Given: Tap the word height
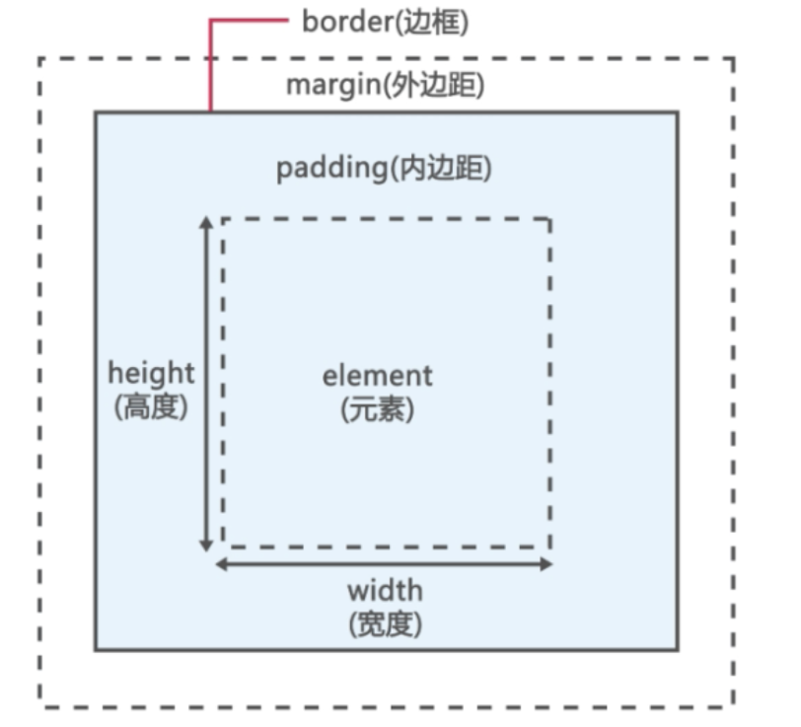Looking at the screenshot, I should pyautogui.click(x=151, y=374).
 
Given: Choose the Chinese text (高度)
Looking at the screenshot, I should pyautogui.click(x=151, y=406).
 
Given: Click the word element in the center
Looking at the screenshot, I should pyautogui.click(x=377, y=376).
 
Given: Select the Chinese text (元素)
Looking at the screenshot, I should pyautogui.click(x=377, y=408).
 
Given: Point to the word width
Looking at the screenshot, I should pyautogui.click(x=384, y=591).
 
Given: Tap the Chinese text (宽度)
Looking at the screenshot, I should pyautogui.click(x=385, y=623).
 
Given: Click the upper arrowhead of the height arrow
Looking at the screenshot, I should pyautogui.click(x=206, y=223).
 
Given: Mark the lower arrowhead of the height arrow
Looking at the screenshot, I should pyautogui.click(x=206, y=545).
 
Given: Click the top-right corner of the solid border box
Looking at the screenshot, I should pyautogui.click(x=677, y=112).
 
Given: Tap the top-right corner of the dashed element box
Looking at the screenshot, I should pyautogui.click(x=549, y=219).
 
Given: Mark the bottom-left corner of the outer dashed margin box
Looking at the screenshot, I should pyautogui.click(x=40, y=705).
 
